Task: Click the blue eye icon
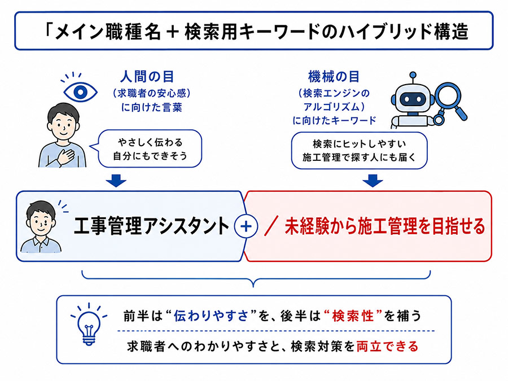coord(80,92)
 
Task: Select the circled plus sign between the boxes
coord(246,226)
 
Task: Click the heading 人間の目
coord(147,77)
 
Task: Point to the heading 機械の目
coord(334,77)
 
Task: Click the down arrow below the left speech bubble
coord(116,181)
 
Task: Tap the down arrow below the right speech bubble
coord(373,181)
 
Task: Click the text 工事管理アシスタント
coord(151,226)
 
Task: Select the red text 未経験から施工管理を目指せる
coord(384,226)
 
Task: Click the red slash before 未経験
coord(271,226)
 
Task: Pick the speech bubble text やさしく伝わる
coord(150,142)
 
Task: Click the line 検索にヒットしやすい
coord(360,144)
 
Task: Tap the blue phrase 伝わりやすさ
coord(211,316)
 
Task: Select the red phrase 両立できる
coord(387,347)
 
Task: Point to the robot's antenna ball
coord(413,75)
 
